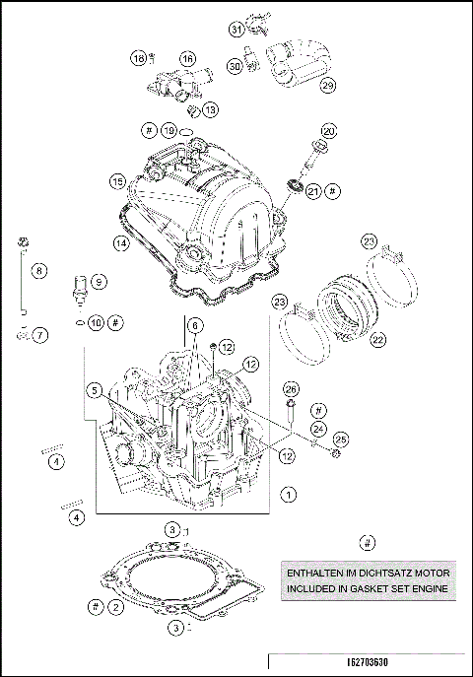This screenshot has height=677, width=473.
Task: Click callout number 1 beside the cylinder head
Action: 288,492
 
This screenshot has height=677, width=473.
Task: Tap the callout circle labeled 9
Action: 100,281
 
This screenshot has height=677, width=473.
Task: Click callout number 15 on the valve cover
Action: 116,182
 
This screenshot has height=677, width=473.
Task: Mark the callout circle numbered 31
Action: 236,29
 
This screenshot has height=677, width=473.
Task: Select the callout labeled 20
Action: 328,130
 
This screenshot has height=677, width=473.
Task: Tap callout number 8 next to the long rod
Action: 39,269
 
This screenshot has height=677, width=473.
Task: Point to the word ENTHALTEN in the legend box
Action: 317,572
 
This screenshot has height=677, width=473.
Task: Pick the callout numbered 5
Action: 95,389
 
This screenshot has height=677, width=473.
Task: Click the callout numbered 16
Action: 187,59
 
